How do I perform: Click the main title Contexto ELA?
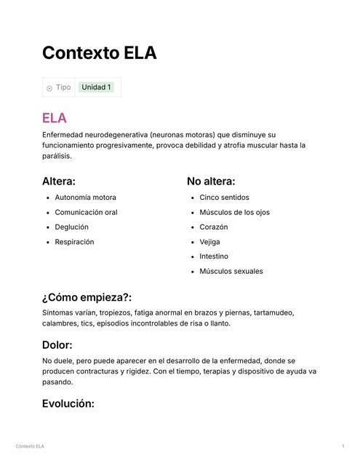(x=99, y=53)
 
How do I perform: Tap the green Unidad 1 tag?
(x=96, y=87)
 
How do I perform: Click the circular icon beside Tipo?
(x=49, y=88)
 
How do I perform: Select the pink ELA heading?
(x=55, y=118)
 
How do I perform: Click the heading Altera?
(x=59, y=181)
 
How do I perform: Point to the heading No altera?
(x=211, y=181)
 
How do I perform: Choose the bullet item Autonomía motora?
(x=85, y=197)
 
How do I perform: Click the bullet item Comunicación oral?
(x=86, y=212)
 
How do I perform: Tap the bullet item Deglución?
(x=71, y=227)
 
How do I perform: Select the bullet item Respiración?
(x=74, y=242)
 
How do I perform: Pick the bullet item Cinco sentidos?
(x=224, y=197)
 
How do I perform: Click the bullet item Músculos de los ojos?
(x=234, y=212)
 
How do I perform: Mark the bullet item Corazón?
(x=213, y=227)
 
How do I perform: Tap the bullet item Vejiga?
(x=209, y=242)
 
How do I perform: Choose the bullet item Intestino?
(x=214, y=256)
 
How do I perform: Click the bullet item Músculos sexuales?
(x=231, y=271)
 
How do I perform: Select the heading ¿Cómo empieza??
(x=87, y=297)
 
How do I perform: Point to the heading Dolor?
(x=57, y=345)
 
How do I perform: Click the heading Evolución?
(x=68, y=403)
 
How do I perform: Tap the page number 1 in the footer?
(x=343, y=445)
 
